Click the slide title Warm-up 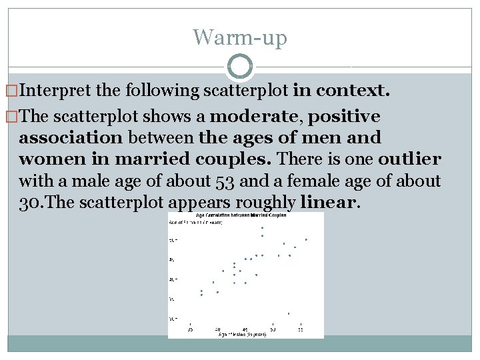[x=240, y=37]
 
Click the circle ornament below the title [x=240, y=67]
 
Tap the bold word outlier [x=409, y=159]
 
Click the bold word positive [x=345, y=117]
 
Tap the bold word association [x=71, y=138]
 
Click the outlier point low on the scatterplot [x=289, y=313]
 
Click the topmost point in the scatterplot [x=262, y=228]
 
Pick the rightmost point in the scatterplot [x=306, y=239]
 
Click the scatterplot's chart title [x=241, y=215]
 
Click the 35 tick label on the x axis [x=190, y=329]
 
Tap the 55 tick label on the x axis [x=300, y=329]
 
